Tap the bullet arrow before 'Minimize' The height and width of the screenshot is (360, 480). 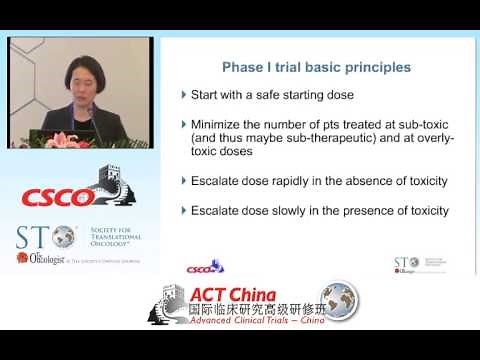(183, 124)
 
